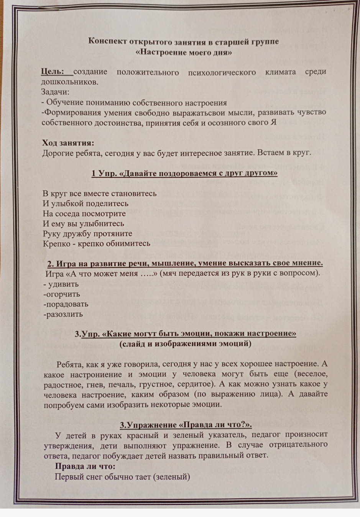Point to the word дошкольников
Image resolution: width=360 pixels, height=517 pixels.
(x=69, y=82)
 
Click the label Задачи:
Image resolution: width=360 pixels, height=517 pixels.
(x=56, y=92)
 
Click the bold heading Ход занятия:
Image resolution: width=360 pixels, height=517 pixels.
(x=68, y=143)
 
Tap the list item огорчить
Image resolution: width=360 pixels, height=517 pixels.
(x=63, y=294)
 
